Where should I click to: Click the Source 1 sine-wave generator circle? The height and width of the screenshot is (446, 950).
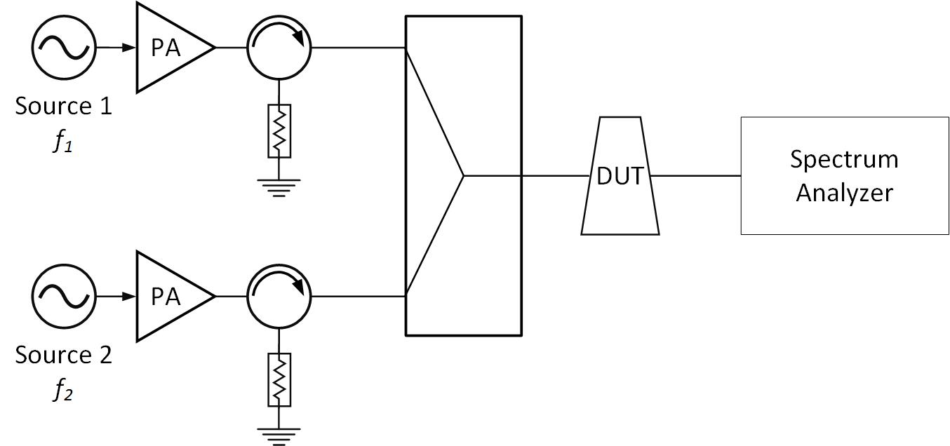coord(63,48)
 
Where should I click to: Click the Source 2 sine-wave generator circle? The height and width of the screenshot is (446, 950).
coord(63,297)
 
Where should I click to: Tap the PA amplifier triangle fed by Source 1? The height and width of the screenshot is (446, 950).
coord(168,48)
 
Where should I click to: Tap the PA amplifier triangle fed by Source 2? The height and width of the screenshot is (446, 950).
coord(168,297)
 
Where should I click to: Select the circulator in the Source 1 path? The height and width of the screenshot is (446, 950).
coord(279,48)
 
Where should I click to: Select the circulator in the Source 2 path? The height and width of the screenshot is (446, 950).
coord(279,297)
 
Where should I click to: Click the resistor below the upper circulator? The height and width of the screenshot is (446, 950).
coord(279,131)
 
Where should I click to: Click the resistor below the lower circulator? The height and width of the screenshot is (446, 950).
coord(279,380)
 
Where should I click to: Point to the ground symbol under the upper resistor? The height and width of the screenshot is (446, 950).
coord(279,186)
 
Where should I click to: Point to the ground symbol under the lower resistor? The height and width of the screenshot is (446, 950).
coord(279,434)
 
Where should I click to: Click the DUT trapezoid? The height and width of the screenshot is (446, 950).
coord(620,176)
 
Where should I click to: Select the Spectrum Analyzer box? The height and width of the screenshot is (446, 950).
coord(844,176)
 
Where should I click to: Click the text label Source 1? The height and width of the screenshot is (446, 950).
coord(63,107)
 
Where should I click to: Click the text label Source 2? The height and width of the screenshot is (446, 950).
coord(63,356)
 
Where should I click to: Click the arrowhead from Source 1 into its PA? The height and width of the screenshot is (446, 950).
coord(130,48)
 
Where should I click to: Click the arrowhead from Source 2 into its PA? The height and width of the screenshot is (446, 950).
coord(130,297)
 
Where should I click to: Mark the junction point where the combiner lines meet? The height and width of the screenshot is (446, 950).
coord(464,175)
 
